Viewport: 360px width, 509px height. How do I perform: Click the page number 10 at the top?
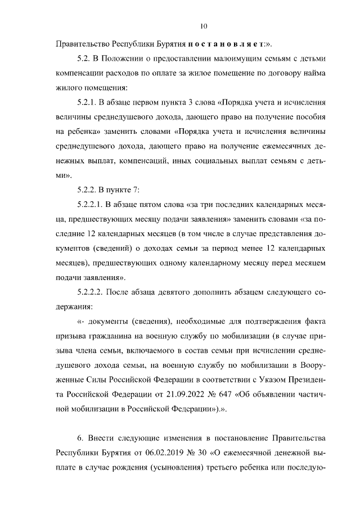204,25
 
